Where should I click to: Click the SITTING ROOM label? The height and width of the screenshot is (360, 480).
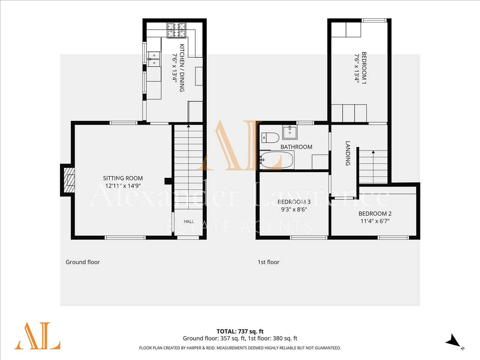point(123,178)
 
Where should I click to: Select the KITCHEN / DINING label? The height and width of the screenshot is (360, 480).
point(182,68)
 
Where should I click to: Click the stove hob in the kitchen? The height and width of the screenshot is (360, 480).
point(176,30)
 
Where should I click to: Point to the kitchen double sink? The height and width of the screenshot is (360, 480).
point(154,59)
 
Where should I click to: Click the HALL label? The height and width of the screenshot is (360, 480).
point(189,221)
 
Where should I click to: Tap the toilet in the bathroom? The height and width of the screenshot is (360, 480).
point(270,138)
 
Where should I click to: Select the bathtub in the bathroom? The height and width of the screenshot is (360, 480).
point(276,160)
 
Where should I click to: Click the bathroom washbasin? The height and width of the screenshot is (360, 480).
point(290,132)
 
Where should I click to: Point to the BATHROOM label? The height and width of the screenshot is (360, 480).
point(296,147)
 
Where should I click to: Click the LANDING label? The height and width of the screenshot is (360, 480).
point(348,153)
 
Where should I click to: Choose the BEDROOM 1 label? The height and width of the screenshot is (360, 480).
point(364,68)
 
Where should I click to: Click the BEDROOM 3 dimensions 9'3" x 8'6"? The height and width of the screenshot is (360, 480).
point(294,209)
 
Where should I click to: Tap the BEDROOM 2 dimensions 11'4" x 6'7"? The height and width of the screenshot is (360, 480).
point(375,221)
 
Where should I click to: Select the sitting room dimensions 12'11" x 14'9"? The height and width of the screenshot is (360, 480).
point(123,186)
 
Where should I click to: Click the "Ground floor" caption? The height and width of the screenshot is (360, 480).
point(82,262)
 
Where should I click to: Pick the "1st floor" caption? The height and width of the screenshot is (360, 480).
point(268,262)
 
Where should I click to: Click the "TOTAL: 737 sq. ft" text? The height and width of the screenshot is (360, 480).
point(240,331)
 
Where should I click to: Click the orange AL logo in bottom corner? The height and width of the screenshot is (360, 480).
point(37,336)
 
